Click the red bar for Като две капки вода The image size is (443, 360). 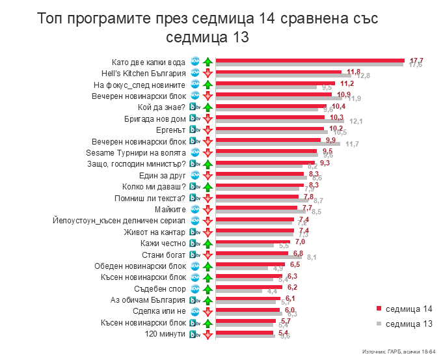click(310, 60)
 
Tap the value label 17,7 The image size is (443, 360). click(416, 60)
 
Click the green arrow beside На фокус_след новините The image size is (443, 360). click(208, 85)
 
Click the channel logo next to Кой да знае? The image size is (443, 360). click(195, 107)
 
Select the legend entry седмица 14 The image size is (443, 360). click(403, 309)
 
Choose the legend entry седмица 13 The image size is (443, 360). click(403, 324)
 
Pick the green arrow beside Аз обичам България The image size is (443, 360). click(208, 300)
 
